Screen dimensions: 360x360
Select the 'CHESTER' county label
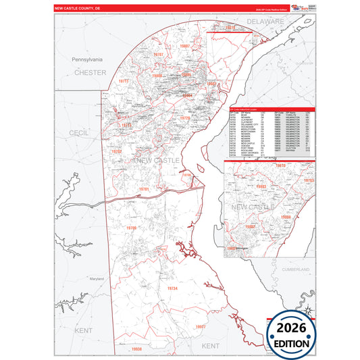[91, 72]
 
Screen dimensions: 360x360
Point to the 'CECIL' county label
[79, 134]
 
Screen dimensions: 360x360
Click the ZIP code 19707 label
[159, 53]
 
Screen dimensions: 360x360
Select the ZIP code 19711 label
[124, 81]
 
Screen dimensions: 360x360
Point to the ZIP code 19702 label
[117, 152]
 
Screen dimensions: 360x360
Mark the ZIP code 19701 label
[143, 189]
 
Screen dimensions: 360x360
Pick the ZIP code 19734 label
[172, 288]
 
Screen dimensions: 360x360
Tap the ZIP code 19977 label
[200, 327]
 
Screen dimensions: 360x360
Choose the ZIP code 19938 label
[137, 349]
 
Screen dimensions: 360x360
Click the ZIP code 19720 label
[185, 118]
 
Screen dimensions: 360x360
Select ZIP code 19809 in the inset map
[286, 217]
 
